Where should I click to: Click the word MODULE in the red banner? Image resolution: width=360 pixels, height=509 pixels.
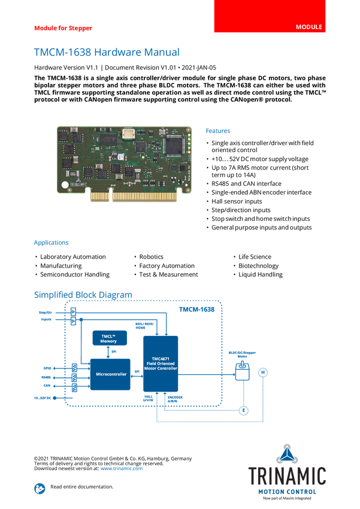click(309, 28)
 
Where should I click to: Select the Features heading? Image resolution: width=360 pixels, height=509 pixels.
click(218, 131)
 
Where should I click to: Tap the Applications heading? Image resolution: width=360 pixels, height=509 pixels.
click(51, 243)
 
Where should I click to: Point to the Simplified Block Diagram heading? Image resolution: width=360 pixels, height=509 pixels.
click(83, 294)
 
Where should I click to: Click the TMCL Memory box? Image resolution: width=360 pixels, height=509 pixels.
click(108, 338)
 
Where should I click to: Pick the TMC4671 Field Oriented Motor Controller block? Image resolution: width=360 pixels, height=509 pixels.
click(161, 363)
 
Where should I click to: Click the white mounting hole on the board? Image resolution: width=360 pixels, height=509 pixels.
click(64, 184)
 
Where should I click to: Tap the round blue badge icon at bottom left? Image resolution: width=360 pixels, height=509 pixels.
click(40, 488)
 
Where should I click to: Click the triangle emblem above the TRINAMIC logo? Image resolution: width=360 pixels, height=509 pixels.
click(287, 455)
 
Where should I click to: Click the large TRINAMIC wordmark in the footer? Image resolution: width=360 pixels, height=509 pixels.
click(287, 476)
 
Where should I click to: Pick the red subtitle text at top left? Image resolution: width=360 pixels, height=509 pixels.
click(63, 28)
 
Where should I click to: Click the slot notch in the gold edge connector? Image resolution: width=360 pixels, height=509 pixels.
click(110, 195)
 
